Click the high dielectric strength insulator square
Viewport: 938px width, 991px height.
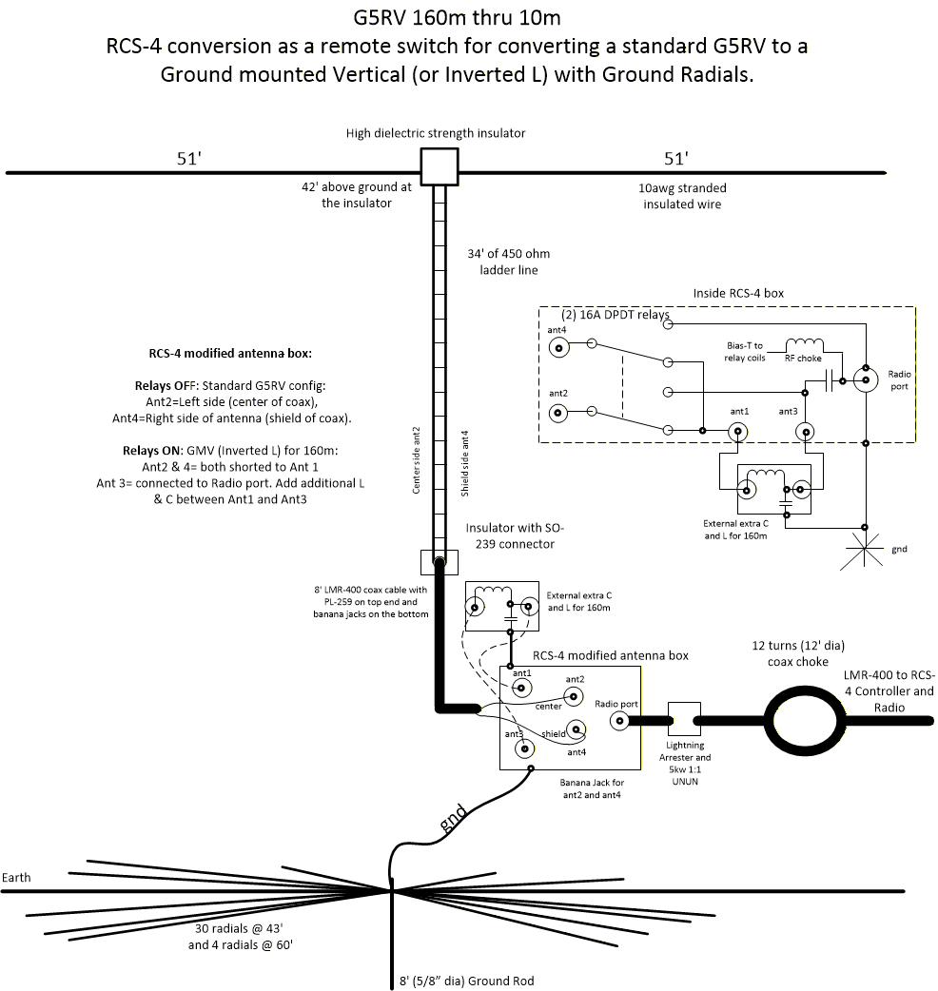click(440, 166)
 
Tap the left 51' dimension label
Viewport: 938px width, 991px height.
click(188, 159)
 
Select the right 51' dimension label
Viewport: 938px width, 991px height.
click(676, 159)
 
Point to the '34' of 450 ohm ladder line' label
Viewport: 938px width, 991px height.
click(509, 262)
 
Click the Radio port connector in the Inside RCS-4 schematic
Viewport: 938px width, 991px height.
click(866, 380)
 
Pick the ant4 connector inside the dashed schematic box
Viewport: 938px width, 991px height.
click(559, 348)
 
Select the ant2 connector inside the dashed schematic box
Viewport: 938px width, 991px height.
click(559, 413)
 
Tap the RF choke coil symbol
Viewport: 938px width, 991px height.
click(804, 344)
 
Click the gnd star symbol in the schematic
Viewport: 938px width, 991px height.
click(865, 551)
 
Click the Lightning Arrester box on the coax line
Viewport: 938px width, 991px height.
click(684, 720)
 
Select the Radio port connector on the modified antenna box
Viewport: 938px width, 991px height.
click(620, 721)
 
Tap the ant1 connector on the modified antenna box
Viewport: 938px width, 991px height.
click(522, 688)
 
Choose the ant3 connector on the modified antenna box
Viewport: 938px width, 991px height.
click(522, 748)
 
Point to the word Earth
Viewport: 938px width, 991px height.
click(16, 877)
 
